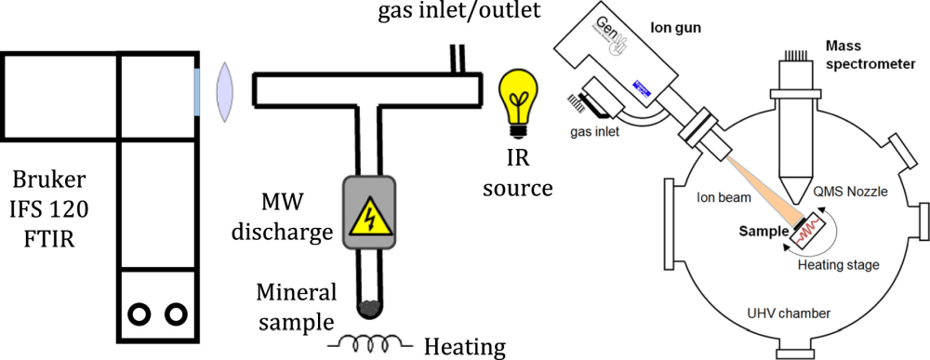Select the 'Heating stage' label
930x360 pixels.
point(839,265)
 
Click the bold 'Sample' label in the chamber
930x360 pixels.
point(761,227)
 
